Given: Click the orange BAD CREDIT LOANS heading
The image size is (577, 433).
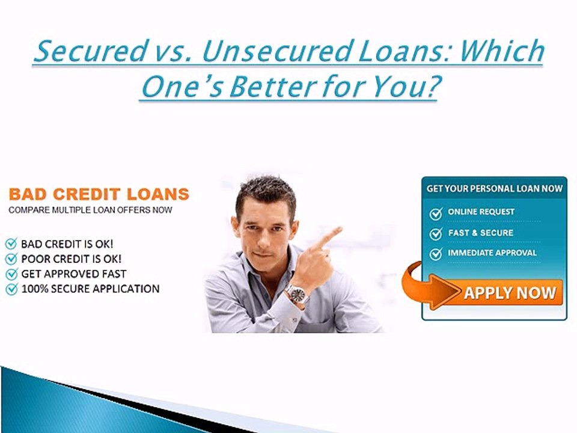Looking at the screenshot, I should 99,194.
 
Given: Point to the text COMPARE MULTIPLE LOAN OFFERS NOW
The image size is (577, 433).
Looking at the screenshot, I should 90,210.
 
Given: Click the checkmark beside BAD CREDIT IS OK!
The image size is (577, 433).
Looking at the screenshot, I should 11,244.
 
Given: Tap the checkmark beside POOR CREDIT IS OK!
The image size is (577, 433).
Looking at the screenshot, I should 11,259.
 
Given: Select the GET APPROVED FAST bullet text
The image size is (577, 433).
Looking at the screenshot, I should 73,274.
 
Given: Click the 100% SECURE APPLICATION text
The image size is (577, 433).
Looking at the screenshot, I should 90,289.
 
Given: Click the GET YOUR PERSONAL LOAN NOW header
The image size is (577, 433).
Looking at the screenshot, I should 494,188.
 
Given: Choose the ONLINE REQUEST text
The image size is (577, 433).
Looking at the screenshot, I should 481,212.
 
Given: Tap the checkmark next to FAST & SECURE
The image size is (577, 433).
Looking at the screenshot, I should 436,233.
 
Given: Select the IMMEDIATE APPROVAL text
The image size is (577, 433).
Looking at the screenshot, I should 492,253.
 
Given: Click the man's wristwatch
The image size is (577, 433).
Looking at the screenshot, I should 296,294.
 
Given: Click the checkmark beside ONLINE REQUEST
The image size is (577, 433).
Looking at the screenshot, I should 436,213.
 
